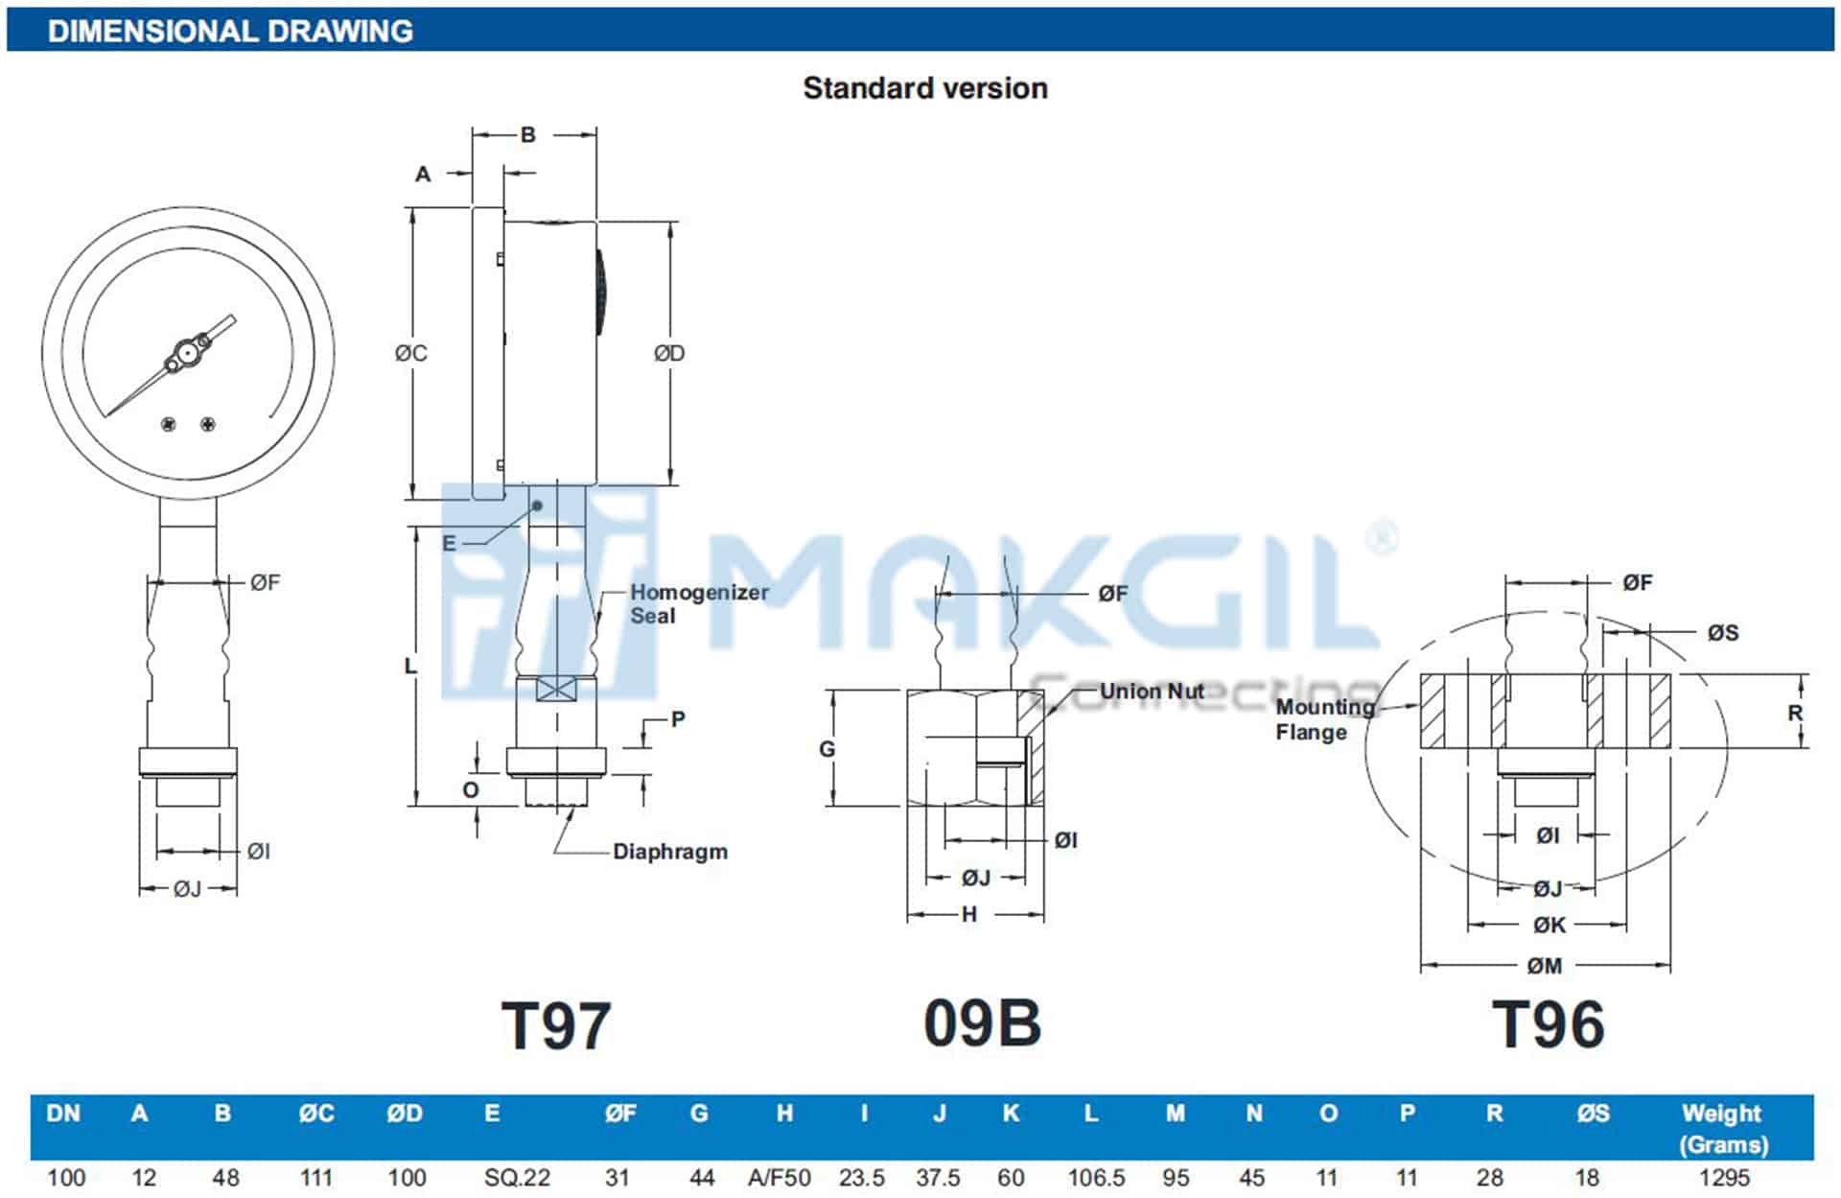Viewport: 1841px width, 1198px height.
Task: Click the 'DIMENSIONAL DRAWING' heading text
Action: pyautogui.click(x=230, y=31)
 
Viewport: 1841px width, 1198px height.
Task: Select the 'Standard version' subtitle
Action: pyautogui.click(x=924, y=88)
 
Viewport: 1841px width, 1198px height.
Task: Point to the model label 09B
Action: pyautogui.click(x=982, y=1023)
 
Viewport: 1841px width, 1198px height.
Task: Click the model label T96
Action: pyautogui.click(x=1548, y=1024)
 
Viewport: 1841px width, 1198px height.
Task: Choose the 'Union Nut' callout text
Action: pyautogui.click(x=1152, y=692)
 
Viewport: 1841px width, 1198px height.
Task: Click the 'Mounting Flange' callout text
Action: pyautogui.click(x=1324, y=719)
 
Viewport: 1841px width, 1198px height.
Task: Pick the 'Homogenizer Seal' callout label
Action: pyautogui.click(x=698, y=604)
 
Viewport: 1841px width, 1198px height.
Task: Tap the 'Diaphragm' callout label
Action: pyautogui.click(x=669, y=852)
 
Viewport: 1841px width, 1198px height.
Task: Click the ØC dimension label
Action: pyautogui.click(x=411, y=353)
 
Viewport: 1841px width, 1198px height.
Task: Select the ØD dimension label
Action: pyautogui.click(x=669, y=353)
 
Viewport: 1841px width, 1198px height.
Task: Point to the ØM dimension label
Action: pyautogui.click(x=1545, y=966)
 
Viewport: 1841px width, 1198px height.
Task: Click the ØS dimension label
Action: pyautogui.click(x=1722, y=633)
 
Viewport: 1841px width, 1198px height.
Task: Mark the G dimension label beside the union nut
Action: pyautogui.click(x=827, y=749)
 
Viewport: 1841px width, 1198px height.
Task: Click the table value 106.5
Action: pyautogui.click(x=1096, y=1178)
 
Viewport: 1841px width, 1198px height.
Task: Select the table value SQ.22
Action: pyautogui.click(x=517, y=1178)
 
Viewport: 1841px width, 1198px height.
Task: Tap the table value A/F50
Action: pyautogui.click(x=779, y=1178)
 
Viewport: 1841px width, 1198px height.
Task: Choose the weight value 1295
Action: pyautogui.click(x=1723, y=1178)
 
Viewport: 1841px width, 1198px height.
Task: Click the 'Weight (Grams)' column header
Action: pyautogui.click(x=1722, y=1129)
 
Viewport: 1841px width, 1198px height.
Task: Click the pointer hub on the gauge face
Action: pyautogui.click(x=184, y=356)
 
